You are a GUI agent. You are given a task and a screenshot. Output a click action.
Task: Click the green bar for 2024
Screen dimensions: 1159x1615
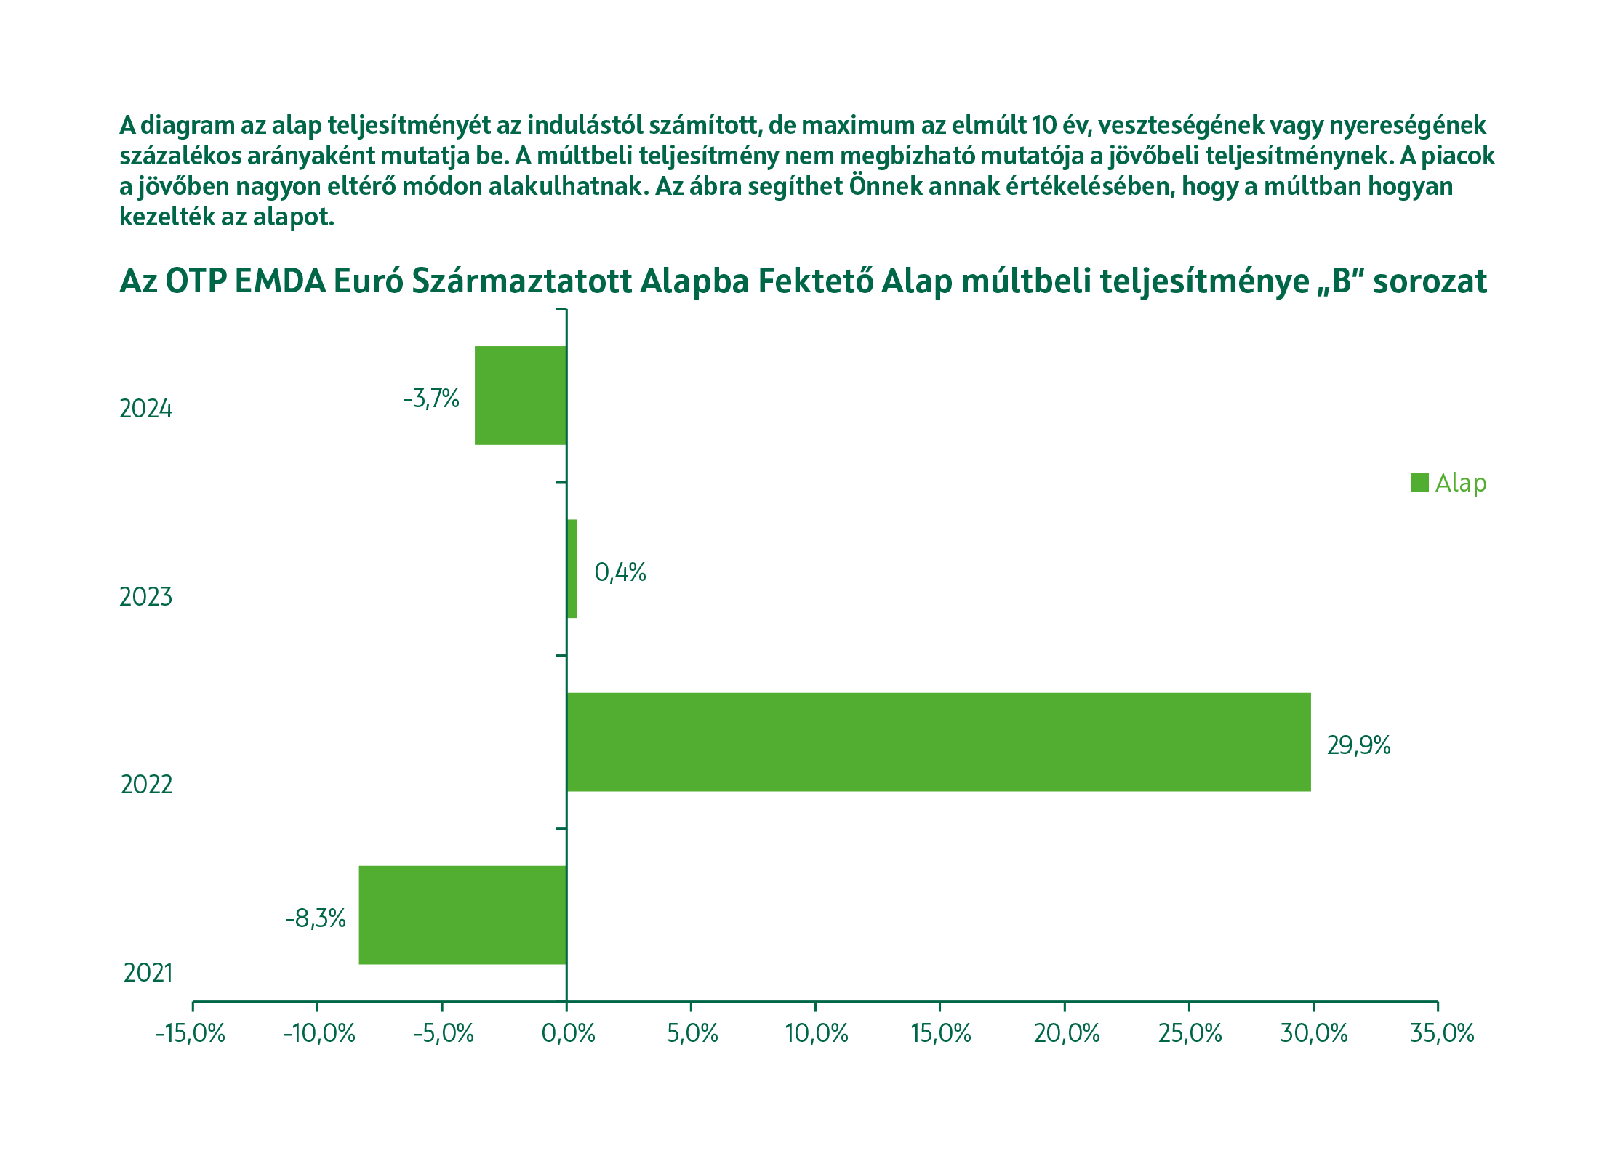521,395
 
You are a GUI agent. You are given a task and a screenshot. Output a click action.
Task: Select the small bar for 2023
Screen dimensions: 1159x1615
572,569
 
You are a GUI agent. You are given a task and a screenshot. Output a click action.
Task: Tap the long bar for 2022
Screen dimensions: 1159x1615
938,742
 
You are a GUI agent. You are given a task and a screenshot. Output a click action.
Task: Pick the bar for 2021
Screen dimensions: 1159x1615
462,915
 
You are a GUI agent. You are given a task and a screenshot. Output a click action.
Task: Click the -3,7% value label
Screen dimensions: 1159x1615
431,398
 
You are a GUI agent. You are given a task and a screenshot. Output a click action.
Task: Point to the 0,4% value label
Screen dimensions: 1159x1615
620,572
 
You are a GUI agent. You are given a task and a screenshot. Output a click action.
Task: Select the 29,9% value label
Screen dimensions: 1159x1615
1358,745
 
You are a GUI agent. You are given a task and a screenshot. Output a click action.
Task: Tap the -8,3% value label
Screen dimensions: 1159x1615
316,918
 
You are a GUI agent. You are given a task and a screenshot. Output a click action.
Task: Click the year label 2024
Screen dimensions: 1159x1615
146,409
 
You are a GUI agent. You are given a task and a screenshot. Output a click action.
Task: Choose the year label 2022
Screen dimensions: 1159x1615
147,785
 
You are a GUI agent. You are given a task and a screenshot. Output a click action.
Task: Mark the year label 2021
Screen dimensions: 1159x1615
148,973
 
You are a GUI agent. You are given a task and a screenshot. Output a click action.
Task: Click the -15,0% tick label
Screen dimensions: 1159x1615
191,1033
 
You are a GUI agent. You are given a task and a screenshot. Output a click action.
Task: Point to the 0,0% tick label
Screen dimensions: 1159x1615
568,1033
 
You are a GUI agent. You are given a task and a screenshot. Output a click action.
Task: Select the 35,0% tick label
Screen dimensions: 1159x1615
1442,1033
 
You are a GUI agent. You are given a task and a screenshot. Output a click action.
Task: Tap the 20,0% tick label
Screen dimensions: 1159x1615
1067,1033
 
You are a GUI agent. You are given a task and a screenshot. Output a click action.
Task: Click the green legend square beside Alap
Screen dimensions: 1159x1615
1419,482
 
